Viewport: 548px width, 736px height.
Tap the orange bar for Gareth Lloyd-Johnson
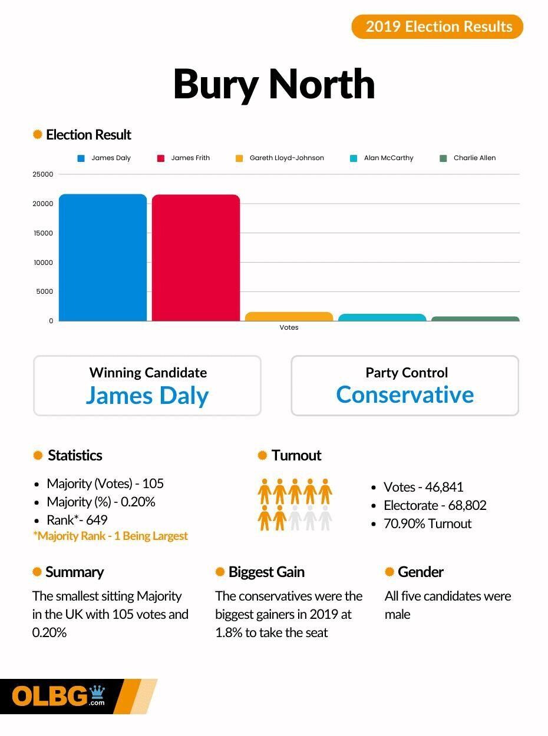pyautogui.click(x=289, y=317)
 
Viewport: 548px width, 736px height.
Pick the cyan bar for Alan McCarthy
pyautogui.click(x=382, y=317)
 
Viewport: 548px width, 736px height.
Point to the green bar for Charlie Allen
pyautogui.click(x=475, y=319)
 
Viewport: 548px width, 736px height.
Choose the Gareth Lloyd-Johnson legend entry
pyautogui.click(x=280, y=158)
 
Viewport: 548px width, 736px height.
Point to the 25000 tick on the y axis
pyautogui.click(x=43, y=174)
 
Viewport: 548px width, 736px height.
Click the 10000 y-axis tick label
pyautogui.click(x=43, y=263)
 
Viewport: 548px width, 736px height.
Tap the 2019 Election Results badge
pyautogui.click(x=437, y=26)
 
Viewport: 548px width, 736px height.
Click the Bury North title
pyautogui.click(x=274, y=84)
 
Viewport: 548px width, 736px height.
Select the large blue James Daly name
pyautogui.click(x=147, y=395)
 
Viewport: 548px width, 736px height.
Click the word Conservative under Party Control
pyautogui.click(x=405, y=394)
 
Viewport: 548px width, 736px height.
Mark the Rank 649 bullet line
pyautogui.click(x=77, y=520)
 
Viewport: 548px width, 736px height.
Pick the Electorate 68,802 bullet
pyautogui.click(x=435, y=505)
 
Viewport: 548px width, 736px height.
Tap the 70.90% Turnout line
pyautogui.click(x=427, y=523)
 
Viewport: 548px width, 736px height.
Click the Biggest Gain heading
pyautogui.click(x=266, y=572)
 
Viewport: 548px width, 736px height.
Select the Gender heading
pyautogui.click(x=420, y=572)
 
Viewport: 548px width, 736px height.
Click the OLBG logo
pyautogui.click(x=59, y=697)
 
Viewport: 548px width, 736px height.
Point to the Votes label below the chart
pyautogui.click(x=289, y=327)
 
